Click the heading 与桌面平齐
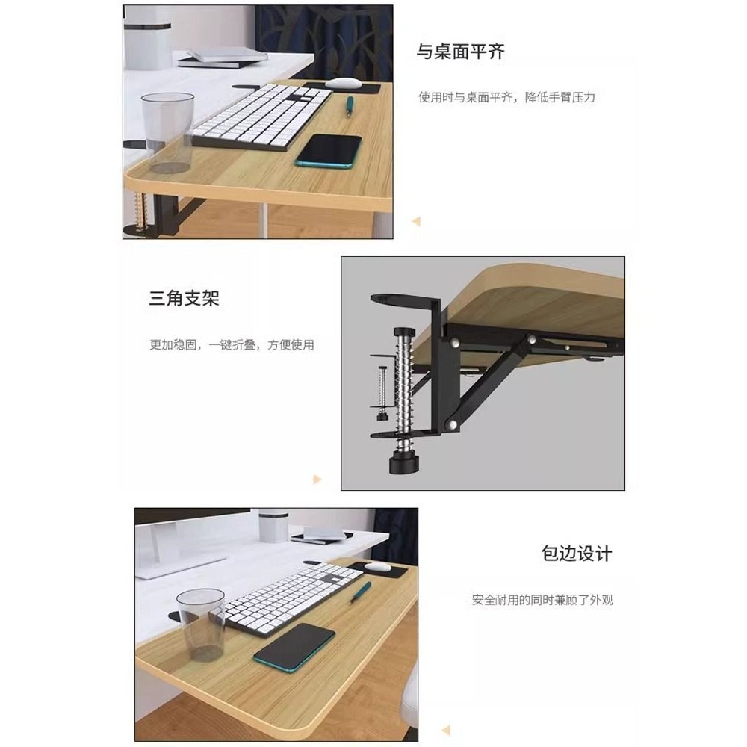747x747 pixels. (460, 52)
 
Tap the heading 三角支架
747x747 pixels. (184, 298)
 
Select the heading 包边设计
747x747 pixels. (577, 554)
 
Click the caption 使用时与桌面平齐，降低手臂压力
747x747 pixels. (507, 97)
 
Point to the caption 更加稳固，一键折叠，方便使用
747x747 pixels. (232, 344)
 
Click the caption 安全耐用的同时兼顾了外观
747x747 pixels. (542, 600)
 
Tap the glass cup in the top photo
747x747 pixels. (168, 132)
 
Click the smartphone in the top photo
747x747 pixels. (328, 151)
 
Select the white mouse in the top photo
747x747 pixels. (343, 83)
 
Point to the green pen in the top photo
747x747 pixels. (349, 106)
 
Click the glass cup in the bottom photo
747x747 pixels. (202, 624)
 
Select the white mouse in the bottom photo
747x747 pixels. (377, 567)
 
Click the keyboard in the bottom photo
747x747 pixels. (293, 598)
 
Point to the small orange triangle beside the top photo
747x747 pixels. (416, 221)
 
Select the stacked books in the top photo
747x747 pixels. (222, 58)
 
